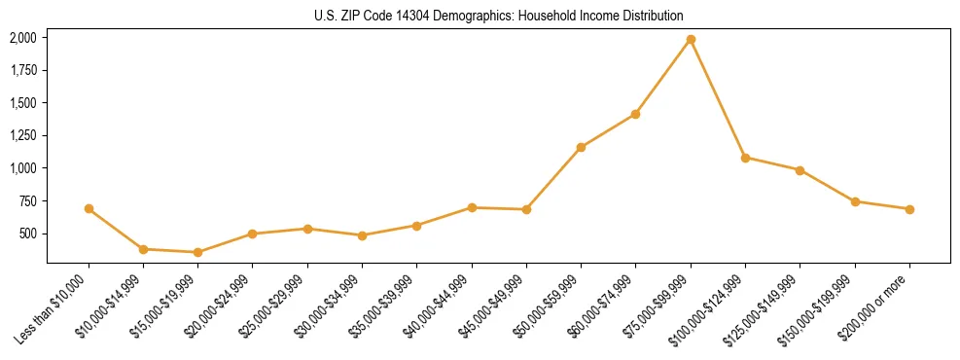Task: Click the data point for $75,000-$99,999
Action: [691, 40]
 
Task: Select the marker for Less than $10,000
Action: [89, 209]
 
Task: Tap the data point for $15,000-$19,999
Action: [197, 253]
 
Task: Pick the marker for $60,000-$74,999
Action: [635, 114]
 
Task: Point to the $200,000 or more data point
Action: [909, 209]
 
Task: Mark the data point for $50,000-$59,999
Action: [581, 148]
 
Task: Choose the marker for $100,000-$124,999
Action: [745, 158]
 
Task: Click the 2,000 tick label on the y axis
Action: [23, 38]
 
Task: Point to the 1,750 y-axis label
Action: [23, 70]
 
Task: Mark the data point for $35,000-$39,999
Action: [416, 226]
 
